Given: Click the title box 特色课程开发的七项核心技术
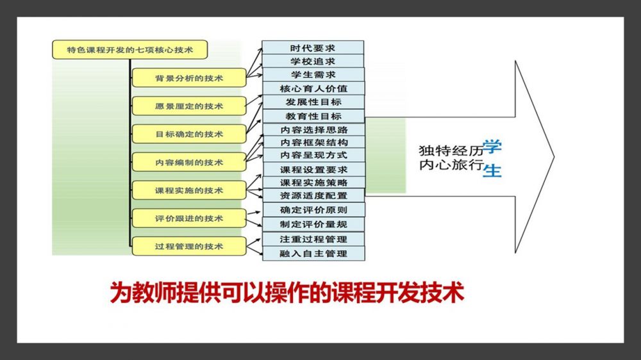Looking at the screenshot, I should coord(130,49).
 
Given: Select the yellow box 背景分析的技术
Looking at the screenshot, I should coord(188,78).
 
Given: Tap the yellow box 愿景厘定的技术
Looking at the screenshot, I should coord(188,106).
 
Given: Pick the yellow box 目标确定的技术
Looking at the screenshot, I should coord(188,134).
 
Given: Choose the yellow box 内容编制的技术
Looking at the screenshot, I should coord(188,162).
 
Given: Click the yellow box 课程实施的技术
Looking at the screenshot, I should coord(188,190).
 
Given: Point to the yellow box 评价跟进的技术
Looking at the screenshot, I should coord(188,218).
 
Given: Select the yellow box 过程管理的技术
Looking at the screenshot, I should coord(188,246).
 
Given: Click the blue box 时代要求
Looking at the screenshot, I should coord(313,48).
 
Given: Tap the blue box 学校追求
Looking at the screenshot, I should coord(313,61).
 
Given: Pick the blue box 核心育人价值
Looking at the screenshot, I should coord(313,88).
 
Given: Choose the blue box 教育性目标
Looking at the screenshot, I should coord(313,116).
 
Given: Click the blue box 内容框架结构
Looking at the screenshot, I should coord(313,142).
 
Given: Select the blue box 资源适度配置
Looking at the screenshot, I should coord(313,195).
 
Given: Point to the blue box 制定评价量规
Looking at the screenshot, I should coord(313,224).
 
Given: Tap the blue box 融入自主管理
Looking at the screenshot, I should coord(313,254).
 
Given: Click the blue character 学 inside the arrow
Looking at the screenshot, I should coord(492,147).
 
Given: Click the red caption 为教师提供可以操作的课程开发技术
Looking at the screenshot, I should coord(287,293).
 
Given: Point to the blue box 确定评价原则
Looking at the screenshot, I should coord(313,209).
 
